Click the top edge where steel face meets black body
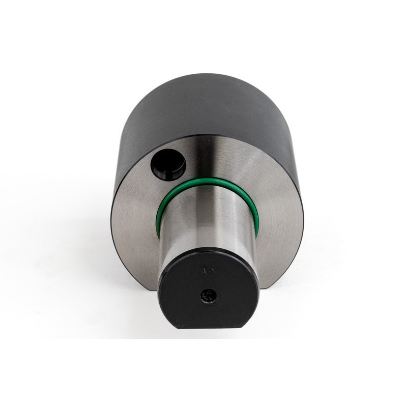click(209, 135)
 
